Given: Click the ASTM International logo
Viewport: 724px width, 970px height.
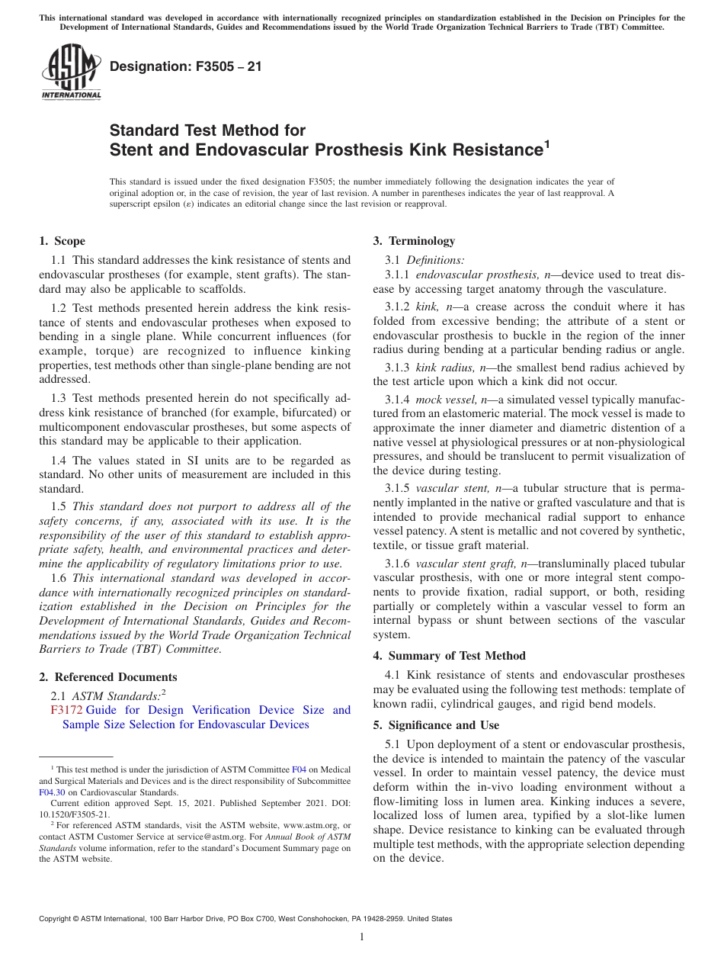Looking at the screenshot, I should [x=70, y=72].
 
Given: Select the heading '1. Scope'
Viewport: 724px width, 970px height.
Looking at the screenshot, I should [x=62, y=241].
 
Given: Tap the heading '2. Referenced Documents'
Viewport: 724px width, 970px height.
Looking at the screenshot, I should [x=107, y=677].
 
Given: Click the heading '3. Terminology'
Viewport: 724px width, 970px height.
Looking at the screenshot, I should [x=414, y=241].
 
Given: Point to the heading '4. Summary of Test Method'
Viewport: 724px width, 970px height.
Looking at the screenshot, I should [x=449, y=656].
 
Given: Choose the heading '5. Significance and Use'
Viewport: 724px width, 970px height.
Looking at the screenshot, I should [x=436, y=725].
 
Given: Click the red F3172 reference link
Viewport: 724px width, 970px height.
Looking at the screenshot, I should [x=66, y=710].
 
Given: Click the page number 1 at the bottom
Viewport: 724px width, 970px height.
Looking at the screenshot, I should [x=362, y=936].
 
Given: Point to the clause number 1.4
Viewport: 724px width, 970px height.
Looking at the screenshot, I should [x=59, y=461].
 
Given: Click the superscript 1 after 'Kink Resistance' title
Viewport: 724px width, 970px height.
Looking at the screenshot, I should [x=545, y=143].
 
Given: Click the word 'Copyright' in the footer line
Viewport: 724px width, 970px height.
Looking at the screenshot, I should [x=58, y=919].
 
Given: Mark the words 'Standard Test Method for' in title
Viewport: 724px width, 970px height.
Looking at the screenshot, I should [x=207, y=130].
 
